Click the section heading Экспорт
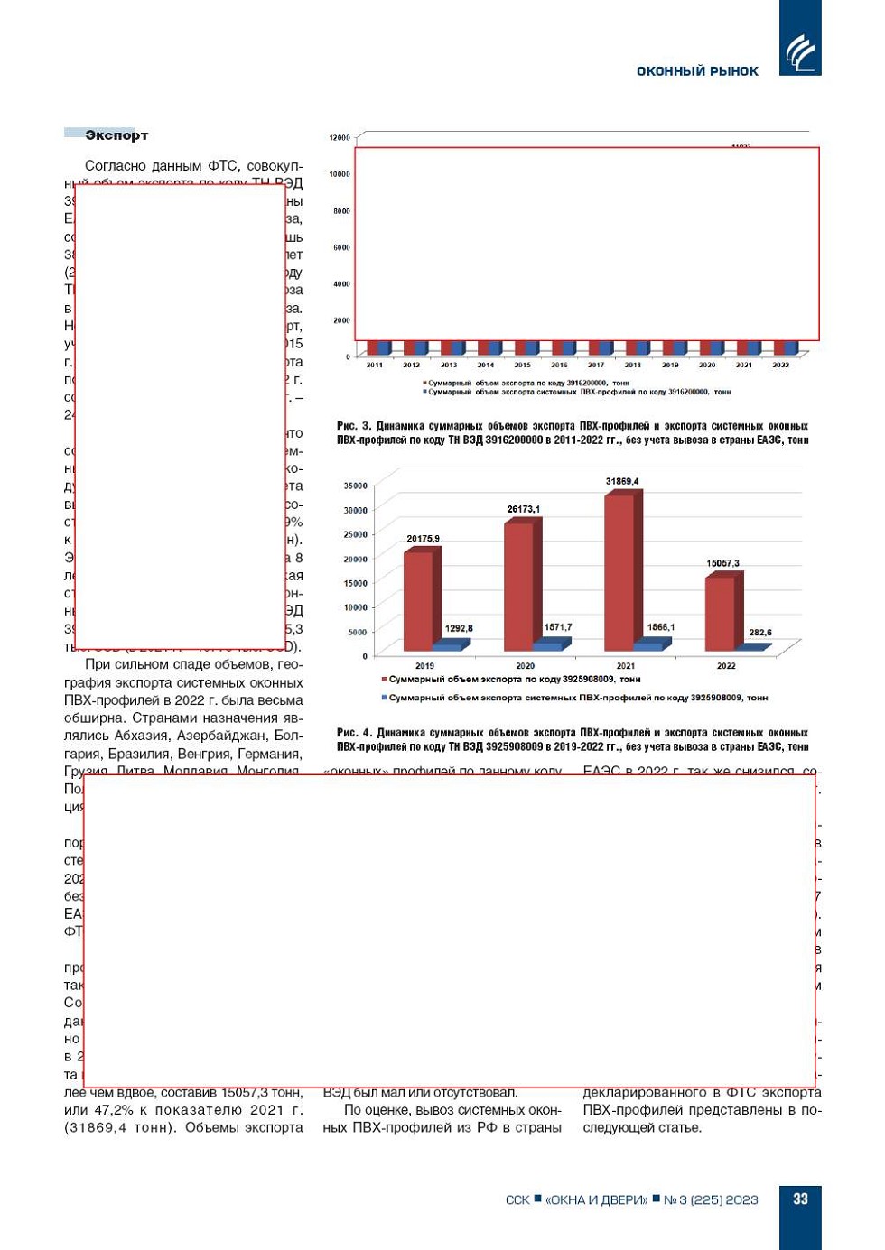116,135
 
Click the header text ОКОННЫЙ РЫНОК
697,71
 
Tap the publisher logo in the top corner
799,51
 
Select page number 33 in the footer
800,1199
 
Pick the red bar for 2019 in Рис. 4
418,600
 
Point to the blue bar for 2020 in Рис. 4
546,645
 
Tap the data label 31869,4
622,481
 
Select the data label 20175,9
423,539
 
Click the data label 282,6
760,633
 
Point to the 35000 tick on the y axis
355,486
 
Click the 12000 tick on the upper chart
340,138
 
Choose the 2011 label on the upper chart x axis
375,366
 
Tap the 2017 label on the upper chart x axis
596,366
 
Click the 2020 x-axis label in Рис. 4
525,666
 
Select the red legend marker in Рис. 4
384,679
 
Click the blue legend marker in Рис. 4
384,698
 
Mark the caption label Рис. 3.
353,426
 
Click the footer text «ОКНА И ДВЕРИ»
596,1199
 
